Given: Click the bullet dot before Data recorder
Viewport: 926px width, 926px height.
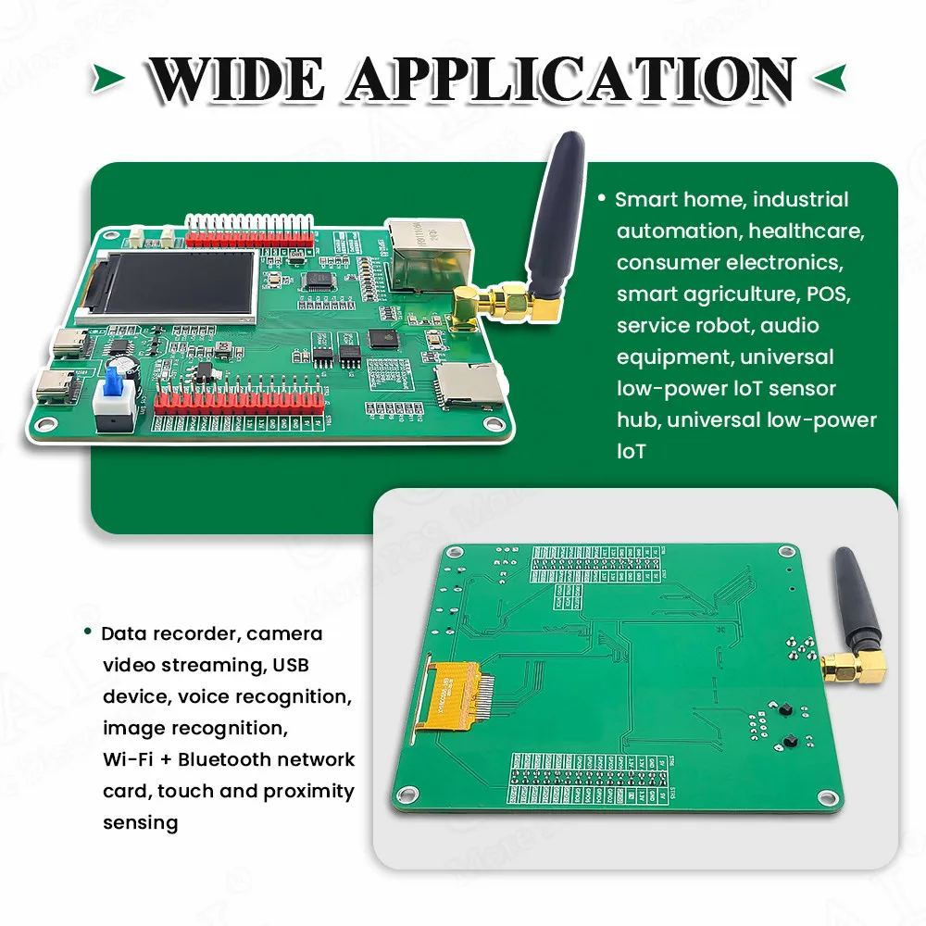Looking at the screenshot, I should (87, 632).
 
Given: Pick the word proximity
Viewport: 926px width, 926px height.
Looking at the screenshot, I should (308, 791).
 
